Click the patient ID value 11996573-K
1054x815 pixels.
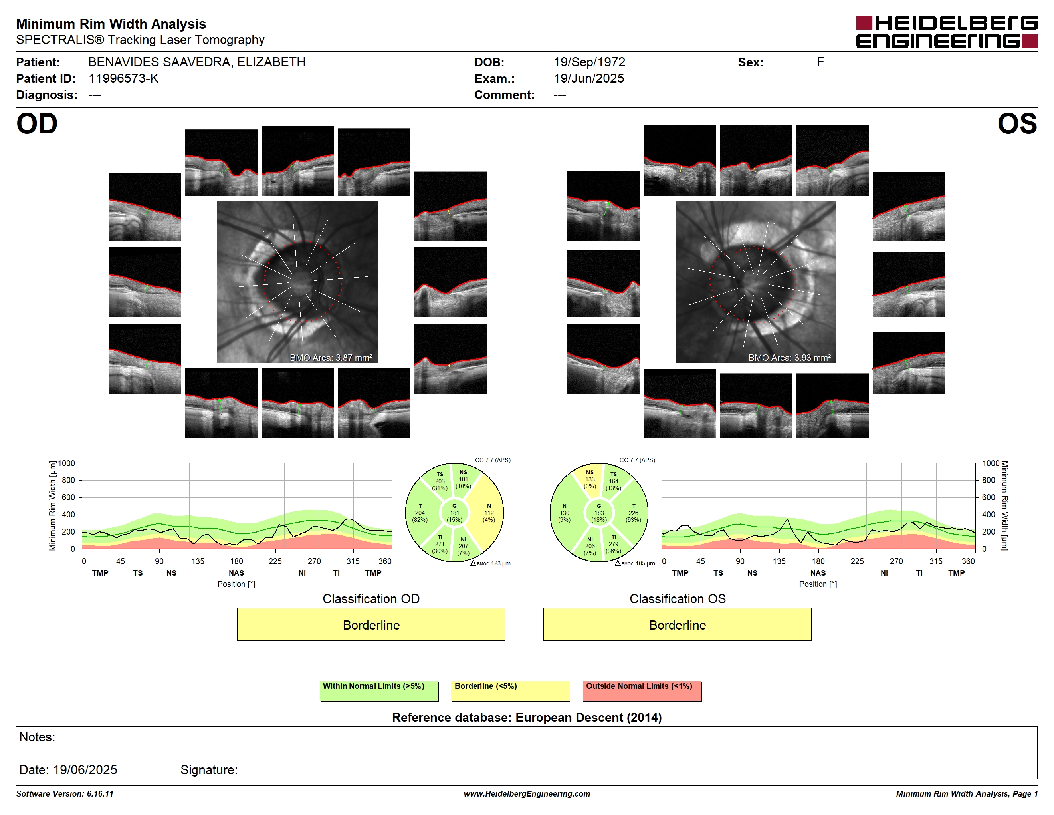(123, 78)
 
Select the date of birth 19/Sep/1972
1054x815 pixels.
(589, 62)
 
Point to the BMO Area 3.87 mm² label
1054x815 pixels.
(331, 358)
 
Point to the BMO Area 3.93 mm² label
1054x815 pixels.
(790, 358)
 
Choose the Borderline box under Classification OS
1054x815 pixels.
(677, 624)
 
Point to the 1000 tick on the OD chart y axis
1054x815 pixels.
(67, 463)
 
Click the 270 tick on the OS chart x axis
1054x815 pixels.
(896, 561)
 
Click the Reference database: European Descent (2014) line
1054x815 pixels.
(527, 717)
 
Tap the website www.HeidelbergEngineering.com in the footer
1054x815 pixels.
(527, 794)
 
